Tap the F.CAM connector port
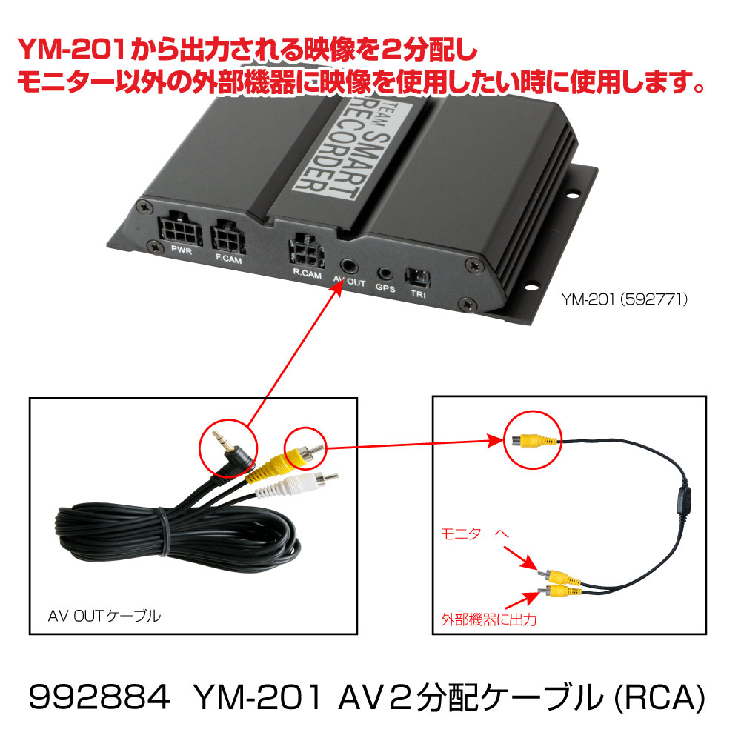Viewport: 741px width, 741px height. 228,237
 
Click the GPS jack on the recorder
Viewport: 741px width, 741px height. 385,273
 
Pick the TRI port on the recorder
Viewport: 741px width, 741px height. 418,278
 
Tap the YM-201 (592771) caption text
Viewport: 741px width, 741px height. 624,299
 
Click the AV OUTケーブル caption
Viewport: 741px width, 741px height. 104,616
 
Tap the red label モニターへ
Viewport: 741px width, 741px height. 474,534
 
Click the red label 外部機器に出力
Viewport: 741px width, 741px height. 488,619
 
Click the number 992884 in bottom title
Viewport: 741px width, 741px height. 99,697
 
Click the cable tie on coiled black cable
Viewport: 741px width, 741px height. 164,531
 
